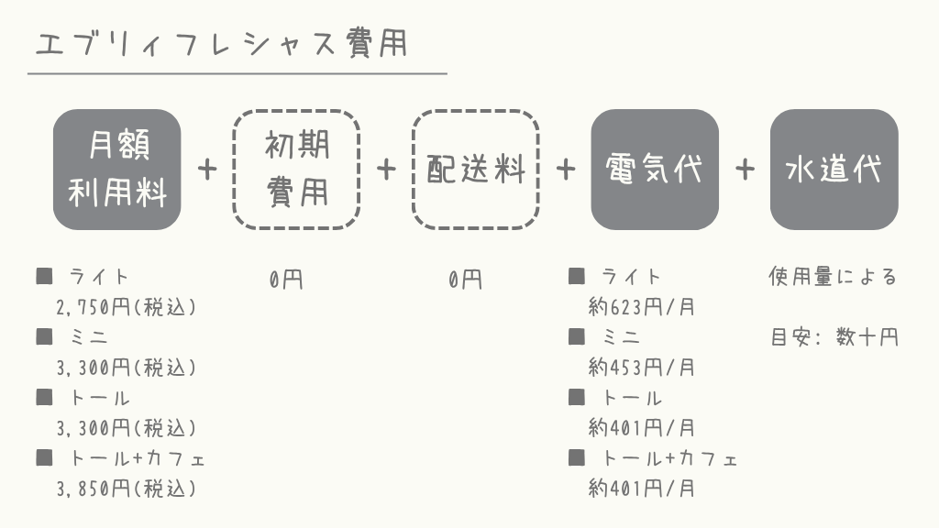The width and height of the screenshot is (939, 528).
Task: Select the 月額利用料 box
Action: [x=116, y=170]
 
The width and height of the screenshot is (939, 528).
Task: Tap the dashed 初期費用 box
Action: [x=296, y=170]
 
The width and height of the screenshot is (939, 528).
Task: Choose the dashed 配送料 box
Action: [x=476, y=170]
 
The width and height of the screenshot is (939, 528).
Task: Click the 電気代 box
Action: [x=655, y=170]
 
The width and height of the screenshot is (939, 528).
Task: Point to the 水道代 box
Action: [x=834, y=170]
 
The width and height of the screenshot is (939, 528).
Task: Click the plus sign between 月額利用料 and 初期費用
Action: [x=207, y=170]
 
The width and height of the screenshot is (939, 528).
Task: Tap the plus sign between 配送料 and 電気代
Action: [x=565, y=170]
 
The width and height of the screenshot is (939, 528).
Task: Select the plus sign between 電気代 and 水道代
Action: [x=745, y=170]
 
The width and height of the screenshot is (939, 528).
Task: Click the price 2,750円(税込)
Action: [x=127, y=307]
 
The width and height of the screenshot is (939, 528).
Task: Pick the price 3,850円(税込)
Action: [x=127, y=489]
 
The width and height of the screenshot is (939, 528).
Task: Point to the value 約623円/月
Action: [x=641, y=307]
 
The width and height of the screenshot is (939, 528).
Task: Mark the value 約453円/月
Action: [x=641, y=367]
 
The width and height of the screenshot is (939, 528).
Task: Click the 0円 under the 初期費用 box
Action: [x=286, y=279]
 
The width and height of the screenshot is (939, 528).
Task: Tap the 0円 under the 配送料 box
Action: [x=465, y=279]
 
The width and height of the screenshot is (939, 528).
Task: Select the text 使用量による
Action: [x=833, y=277]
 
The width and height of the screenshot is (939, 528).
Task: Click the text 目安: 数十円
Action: [x=834, y=337]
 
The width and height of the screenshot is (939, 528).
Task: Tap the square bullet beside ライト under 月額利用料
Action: [x=44, y=276]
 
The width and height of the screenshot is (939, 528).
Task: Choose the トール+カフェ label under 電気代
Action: [x=669, y=458]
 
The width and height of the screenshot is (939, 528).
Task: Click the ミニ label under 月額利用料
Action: [x=89, y=337]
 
